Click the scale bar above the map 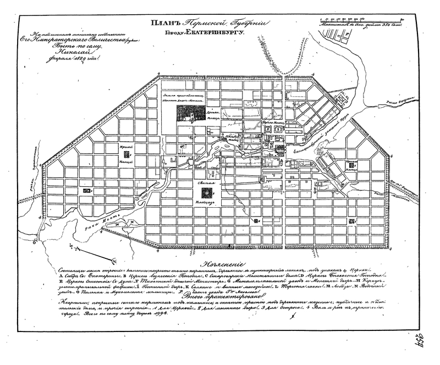point(360,22)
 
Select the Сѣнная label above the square point(206,181)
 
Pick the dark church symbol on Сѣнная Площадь point(206,192)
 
